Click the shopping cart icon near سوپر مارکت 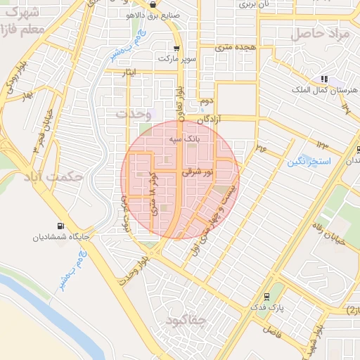[x=176, y=49]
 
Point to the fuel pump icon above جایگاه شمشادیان [x=61, y=226]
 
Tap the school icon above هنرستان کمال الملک [x=323, y=79]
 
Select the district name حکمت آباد [x=53, y=177]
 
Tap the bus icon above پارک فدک [x=266, y=296]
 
